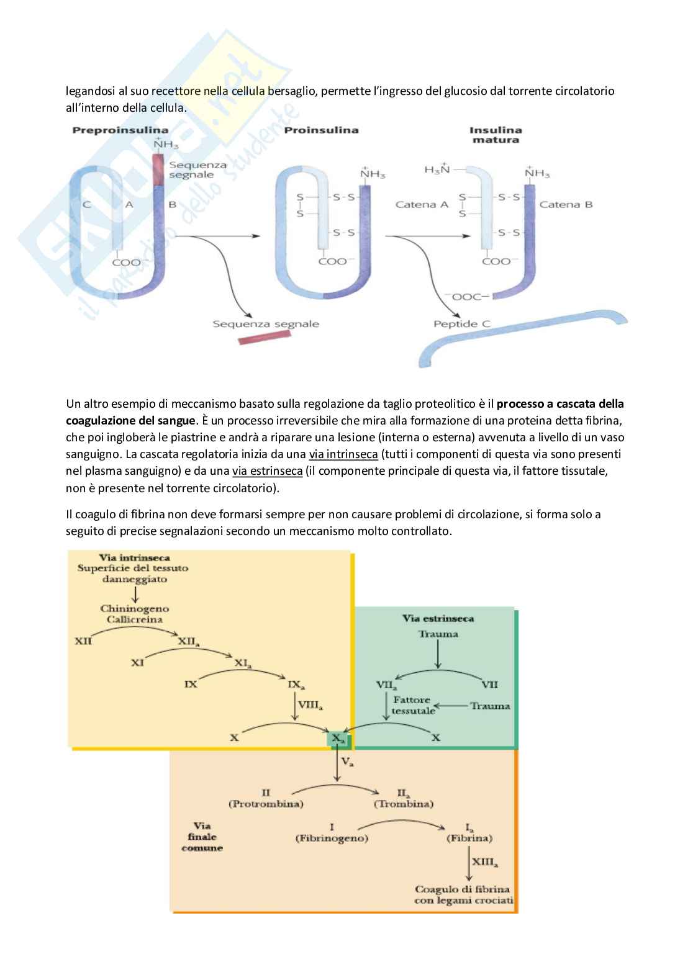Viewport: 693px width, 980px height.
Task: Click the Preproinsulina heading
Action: pyautogui.click(x=120, y=130)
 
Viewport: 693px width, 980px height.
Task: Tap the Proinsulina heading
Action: pyautogui.click(x=321, y=130)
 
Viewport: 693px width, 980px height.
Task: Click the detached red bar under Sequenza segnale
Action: pyautogui.click(x=265, y=338)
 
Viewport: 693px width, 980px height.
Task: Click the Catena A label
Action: pyautogui.click(x=422, y=204)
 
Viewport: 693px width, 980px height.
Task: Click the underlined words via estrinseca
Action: pyautogui.click(x=267, y=471)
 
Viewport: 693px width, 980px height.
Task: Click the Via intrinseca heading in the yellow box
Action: pyautogui.click(x=134, y=557)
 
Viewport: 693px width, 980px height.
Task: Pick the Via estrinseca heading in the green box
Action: pyautogui.click(x=438, y=618)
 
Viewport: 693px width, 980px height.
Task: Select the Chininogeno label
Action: pyautogui.click(x=135, y=608)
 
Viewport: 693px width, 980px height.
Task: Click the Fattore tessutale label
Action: pyautogui.click(x=412, y=705)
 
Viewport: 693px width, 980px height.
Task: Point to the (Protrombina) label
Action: pyautogui.click(x=266, y=804)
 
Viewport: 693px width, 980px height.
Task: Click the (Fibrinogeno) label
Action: pyautogui.click(x=332, y=838)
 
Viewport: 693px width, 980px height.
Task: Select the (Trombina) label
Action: pyautogui.click(x=404, y=804)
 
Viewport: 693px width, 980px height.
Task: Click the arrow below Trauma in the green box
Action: pyautogui.click(x=438, y=654)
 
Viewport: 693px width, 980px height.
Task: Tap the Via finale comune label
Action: pyautogui.click(x=202, y=837)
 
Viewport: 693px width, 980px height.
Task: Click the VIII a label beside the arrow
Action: pyautogui.click(x=310, y=705)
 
